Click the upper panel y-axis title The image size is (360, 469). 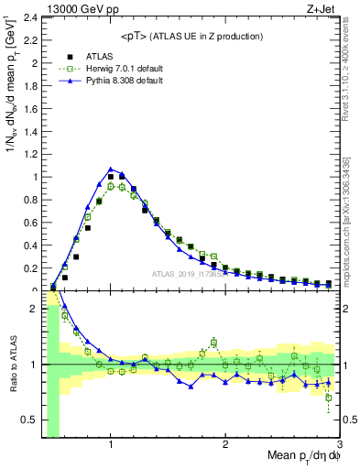pos(12,101)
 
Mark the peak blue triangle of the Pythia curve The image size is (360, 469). pos(110,169)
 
